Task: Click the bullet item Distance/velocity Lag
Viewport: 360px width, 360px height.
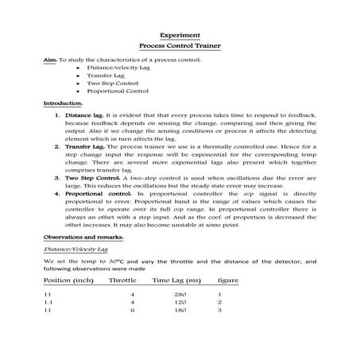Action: pyautogui.click(x=112, y=68)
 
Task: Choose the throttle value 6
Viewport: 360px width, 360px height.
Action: pyautogui.click(x=132, y=311)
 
